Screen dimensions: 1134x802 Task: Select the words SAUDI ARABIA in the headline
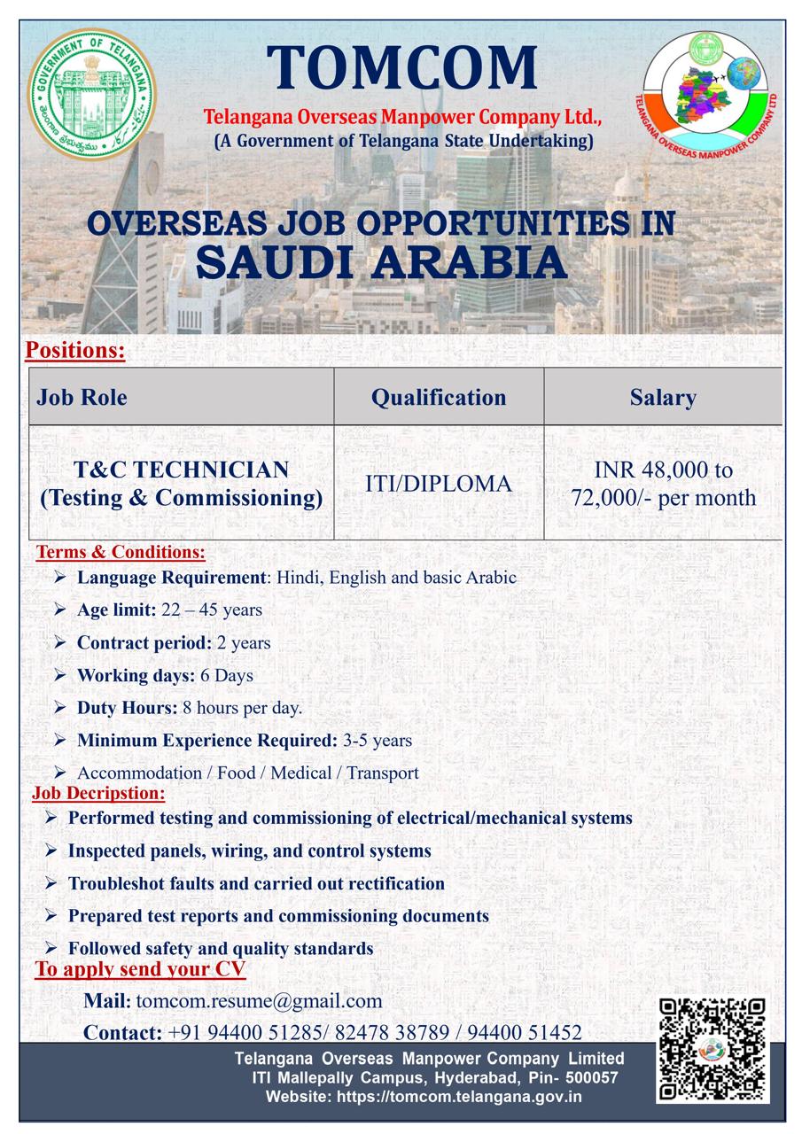click(x=381, y=262)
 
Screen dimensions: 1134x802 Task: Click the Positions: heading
click(x=75, y=351)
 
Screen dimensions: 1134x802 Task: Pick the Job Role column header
click(x=82, y=397)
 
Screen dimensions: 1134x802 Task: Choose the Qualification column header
click(x=439, y=397)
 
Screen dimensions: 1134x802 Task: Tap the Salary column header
click(x=663, y=397)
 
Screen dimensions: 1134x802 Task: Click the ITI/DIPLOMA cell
click(x=439, y=484)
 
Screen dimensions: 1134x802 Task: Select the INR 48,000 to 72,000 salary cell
click(x=664, y=484)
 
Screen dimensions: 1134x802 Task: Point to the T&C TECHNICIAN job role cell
click(x=181, y=484)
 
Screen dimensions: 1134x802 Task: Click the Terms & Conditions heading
click(x=121, y=553)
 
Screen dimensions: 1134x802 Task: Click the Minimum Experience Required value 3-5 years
click(x=378, y=740)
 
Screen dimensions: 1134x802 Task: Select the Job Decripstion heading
click(x=99, y=793)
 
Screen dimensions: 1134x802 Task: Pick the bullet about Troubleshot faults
click(x=256, y=883)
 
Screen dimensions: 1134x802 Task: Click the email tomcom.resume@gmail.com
click(x=259, y=1001)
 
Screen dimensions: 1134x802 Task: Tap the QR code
click(x=713, y=1050)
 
